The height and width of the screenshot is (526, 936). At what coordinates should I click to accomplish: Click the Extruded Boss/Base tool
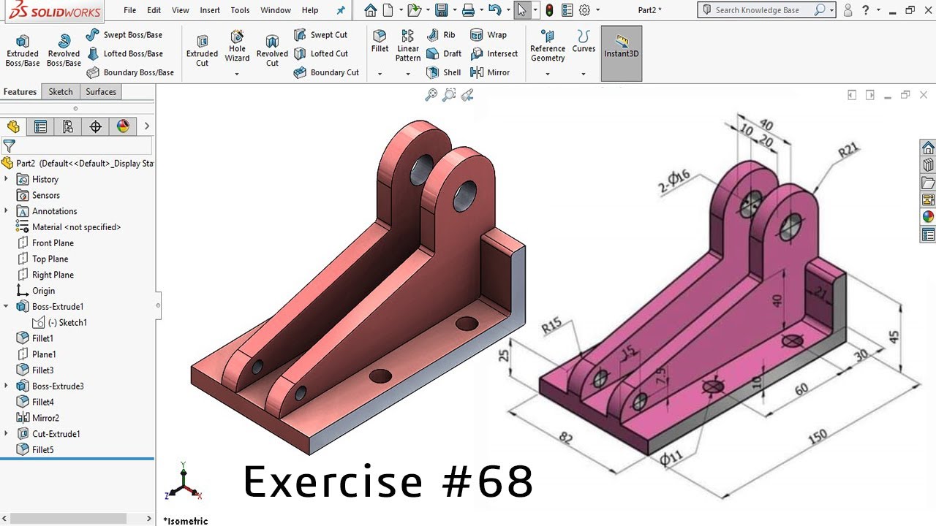point(23,50)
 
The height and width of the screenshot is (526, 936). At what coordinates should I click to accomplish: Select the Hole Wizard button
point(237,45)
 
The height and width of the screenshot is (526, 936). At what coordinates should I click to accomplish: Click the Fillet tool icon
point(380,41)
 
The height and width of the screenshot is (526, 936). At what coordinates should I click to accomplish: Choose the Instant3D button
point(621,45)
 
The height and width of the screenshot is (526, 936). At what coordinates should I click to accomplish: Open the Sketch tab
point(61,91)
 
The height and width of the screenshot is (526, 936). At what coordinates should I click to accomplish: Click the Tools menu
point(240,10)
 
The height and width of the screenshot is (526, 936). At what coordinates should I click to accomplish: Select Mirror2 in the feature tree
point(45,418)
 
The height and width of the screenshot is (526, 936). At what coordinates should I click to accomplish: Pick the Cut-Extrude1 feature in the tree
point(56,434)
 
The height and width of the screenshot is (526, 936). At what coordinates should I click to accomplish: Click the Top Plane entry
point(50,259)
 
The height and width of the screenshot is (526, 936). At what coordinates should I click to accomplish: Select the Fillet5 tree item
point(42,450)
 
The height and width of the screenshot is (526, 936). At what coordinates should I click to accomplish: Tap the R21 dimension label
point(848,151)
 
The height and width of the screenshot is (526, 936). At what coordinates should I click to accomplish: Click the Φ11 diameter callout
point(671,458)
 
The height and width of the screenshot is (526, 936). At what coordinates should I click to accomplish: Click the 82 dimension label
point(566,438)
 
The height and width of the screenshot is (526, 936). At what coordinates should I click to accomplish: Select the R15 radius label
point(552,325)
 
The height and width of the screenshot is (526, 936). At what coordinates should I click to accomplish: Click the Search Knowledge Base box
point(763,10)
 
